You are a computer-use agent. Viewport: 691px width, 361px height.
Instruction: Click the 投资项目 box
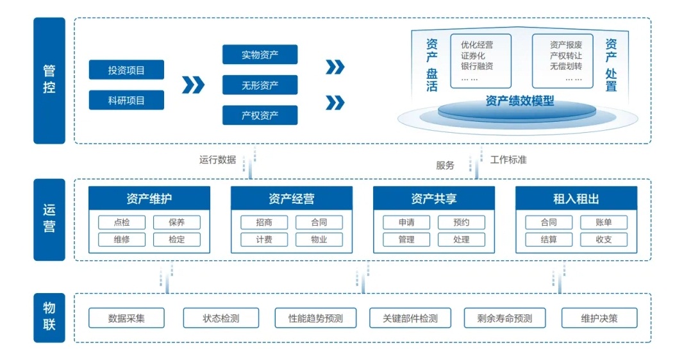126,70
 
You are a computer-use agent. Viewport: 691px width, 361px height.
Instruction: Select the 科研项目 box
126,100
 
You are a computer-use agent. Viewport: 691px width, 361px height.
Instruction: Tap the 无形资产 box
260,85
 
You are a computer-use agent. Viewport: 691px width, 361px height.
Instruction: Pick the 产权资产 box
260,115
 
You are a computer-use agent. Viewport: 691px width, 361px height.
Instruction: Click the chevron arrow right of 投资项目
193,85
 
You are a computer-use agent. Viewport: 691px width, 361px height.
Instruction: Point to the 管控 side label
49,81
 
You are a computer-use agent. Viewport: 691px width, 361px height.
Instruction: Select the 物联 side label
49,317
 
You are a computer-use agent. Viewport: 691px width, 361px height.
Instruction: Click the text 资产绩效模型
520,101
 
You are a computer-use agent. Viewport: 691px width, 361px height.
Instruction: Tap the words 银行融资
477,66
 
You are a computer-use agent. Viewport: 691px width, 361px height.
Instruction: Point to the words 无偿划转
566,66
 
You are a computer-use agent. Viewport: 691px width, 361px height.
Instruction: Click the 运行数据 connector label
217,160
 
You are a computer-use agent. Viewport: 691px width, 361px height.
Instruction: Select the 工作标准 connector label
508,160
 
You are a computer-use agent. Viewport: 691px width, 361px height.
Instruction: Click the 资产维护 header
149,198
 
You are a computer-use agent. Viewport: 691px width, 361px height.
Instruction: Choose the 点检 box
122,222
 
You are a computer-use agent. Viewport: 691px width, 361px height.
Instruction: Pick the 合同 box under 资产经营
319,222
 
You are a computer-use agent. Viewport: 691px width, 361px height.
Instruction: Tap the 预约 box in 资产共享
462,222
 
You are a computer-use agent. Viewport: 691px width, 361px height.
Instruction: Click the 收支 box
604,239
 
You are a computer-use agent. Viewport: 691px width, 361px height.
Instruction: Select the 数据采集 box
126,318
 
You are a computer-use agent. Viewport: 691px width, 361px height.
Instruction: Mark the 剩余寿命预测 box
504,318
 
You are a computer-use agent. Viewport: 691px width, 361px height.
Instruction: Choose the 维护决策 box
599,318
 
